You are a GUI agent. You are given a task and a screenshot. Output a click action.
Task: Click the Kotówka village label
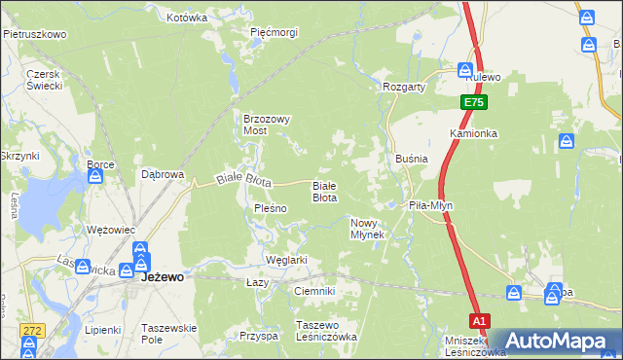(187, 18)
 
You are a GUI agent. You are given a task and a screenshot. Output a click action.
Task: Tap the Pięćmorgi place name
(274, 32)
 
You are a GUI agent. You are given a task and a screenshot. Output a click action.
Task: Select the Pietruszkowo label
(34, 34)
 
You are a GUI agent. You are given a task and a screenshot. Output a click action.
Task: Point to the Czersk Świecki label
(45, 80)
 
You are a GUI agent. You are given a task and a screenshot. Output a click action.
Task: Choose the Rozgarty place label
(405, 87)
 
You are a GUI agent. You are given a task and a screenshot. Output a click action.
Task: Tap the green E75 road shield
(473, 102)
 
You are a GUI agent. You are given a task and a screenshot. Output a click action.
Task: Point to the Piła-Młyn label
(430, 206)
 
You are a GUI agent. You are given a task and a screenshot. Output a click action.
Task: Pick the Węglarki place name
(286, 260)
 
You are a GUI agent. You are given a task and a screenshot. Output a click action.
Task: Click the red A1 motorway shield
(478, 319)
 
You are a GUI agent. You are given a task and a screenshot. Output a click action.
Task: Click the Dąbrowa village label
(163, 175)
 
